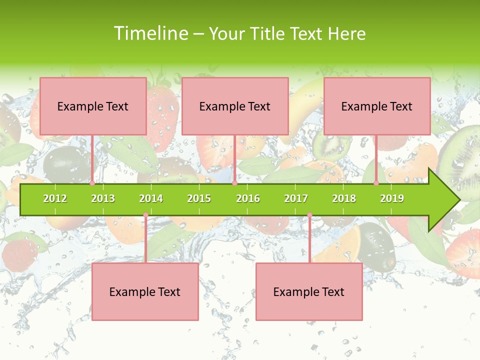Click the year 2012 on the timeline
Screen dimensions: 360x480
(55, 198)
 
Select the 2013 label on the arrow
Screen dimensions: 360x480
(103, 198)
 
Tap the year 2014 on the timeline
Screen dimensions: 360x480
(151, 198)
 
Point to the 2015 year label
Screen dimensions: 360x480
(199, 198)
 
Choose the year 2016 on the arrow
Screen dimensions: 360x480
(248, 198)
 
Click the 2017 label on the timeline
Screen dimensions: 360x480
(296, 198)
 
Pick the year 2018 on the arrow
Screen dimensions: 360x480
(344, 198)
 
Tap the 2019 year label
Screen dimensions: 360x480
(392, 198)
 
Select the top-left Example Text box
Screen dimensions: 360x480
(93, 106)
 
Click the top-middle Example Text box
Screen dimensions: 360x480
(235, 106)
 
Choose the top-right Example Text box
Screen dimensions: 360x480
(377, 106)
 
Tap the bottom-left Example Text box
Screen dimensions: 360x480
(145, 291)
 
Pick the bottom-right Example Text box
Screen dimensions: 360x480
(309, 291)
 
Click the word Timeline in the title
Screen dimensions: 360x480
(149, 33)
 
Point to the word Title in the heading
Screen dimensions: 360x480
(268, 33)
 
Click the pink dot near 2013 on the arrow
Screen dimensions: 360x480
(92, 183)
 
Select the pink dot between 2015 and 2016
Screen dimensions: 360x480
(234, 183)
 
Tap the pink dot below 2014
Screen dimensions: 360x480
(145, 215)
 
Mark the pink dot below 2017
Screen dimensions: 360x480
(309, 215)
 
